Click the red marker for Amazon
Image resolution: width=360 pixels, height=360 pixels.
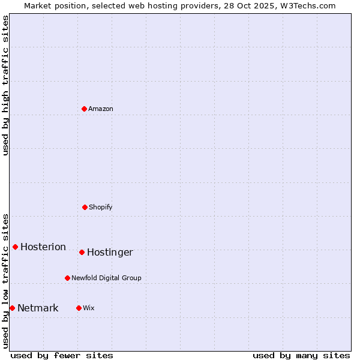click(x=84, y=109)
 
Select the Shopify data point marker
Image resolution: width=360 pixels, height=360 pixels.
click(x=85, y=207)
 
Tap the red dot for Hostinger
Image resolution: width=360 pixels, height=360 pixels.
click(x=82, y=252)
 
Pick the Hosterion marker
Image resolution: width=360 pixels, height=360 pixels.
click(x=15, y=247)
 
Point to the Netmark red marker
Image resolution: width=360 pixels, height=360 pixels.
click(x=12, y=308)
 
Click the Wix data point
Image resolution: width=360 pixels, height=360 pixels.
click(x=79, y=308)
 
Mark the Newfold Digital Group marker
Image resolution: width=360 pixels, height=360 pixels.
click(x=67, y=278)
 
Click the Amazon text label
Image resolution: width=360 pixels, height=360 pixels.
click(x=101, y=109)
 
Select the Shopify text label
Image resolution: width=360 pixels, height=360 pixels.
click(x=101, y=207)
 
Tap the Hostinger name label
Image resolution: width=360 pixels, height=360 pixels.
click(x=110, y=253)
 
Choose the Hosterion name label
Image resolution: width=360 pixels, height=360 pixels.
click(x=43, y=247)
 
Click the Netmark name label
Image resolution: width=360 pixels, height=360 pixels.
click(x=38, y=308)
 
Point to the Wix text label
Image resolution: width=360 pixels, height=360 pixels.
click(x=89, y=308)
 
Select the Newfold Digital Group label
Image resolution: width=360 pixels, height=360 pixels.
click(x=107, y=278)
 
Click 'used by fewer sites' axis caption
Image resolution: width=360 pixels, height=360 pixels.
click(x=62, y=355)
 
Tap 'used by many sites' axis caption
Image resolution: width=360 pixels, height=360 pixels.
click(x=301, y=355)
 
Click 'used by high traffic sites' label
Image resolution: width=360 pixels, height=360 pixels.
click(x=6, y=85)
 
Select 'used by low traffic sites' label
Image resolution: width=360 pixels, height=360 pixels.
click(x=6, y=281)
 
